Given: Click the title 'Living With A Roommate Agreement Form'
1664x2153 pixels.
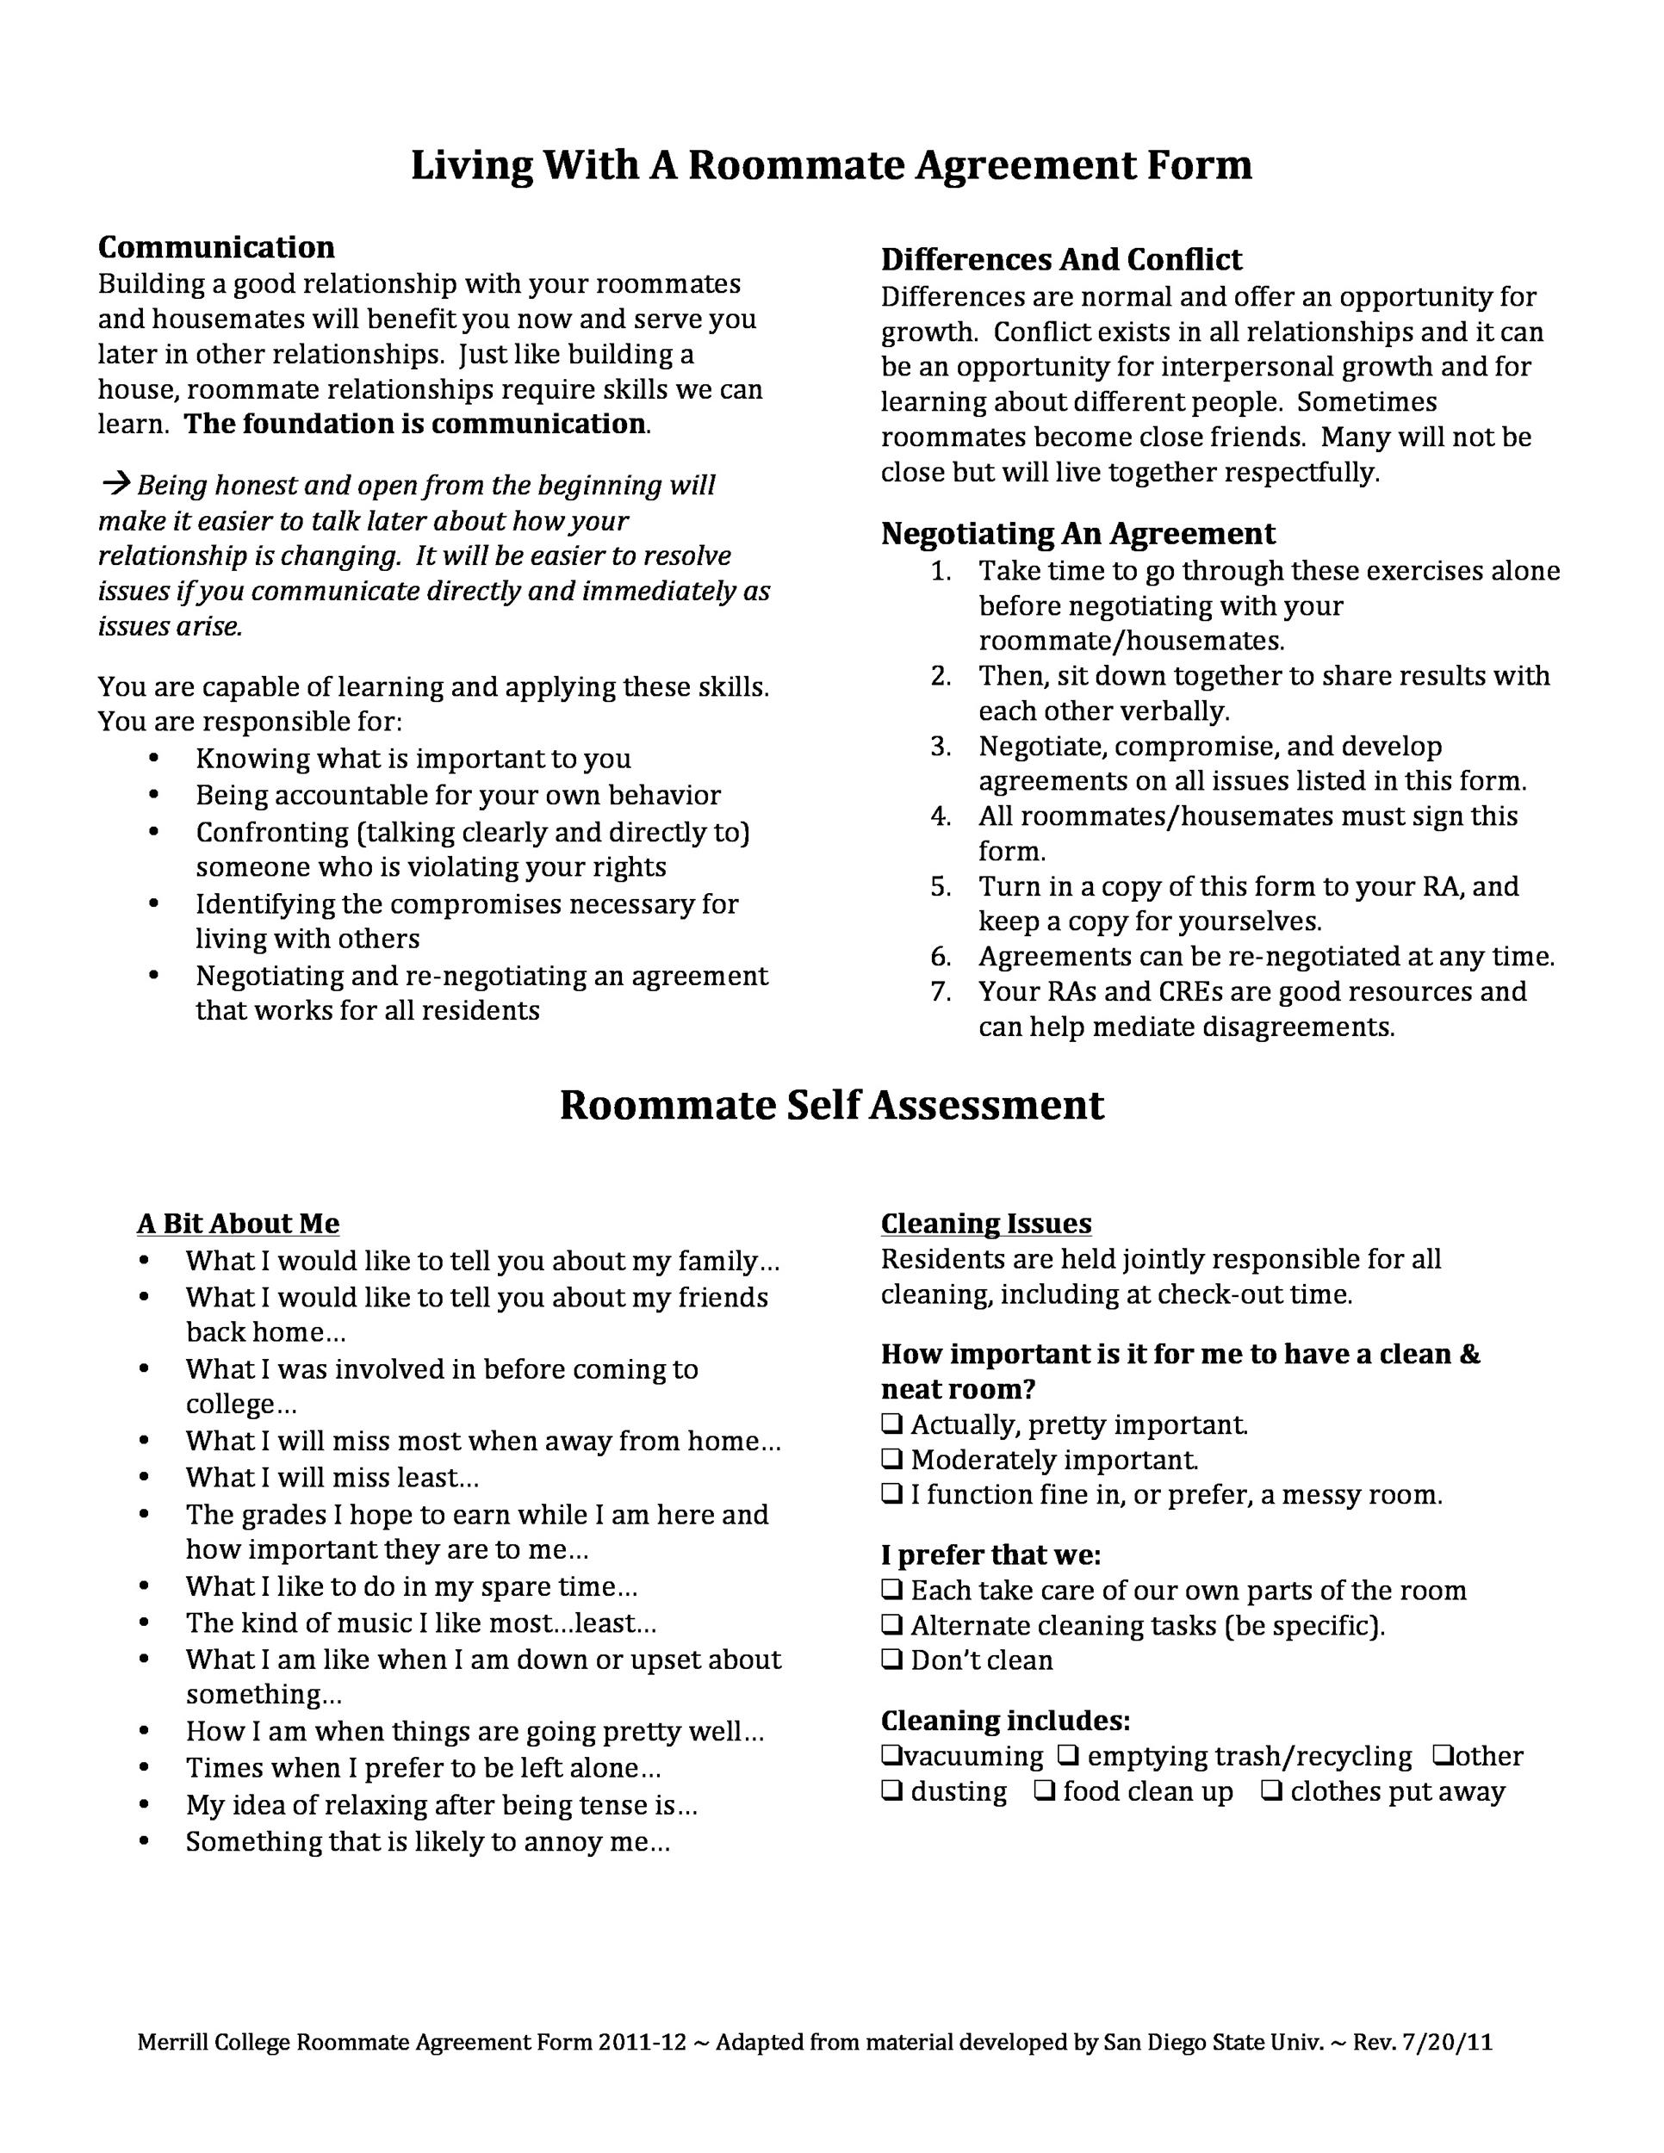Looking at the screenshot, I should pos(831,164).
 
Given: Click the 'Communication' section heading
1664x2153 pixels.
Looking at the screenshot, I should pos(216,246).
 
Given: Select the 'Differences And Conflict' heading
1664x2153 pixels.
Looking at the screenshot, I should pos(1061,259).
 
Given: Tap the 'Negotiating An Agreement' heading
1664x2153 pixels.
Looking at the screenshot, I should pos(1077,533).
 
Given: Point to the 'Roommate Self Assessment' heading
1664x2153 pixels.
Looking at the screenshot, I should pos(831,1105).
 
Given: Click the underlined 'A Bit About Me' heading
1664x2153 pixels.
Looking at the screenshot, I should pos(238,1224).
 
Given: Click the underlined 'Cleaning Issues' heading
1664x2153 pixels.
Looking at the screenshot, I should pos(986,1224).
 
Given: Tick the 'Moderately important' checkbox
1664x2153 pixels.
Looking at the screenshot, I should pos(891,1459).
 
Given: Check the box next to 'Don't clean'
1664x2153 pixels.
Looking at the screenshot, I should pos(891,1660).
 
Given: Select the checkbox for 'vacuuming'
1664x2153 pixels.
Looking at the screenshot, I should pos(891,1756).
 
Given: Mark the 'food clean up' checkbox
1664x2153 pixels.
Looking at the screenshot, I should pos(1044,1791).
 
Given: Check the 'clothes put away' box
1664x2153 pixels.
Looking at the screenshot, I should pos(1271,1791).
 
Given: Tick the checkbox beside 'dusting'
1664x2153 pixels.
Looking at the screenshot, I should pos(891,1791).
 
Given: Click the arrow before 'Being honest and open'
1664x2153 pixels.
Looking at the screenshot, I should pos(116,484).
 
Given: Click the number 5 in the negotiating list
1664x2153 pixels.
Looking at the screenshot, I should pos(940,886).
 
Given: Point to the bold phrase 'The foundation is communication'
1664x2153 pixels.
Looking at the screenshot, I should pos(415,424).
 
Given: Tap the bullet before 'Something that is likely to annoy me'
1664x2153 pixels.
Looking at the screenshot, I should pos(145,1841).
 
